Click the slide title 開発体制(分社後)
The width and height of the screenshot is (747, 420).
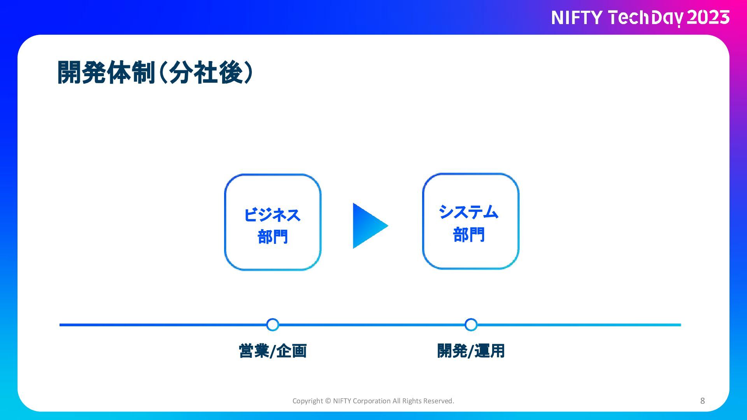[155, 72]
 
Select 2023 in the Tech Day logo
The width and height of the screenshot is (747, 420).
[708, 18]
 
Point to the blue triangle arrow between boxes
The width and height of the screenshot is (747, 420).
[368, 226]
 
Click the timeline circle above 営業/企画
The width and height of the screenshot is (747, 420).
[273, 325]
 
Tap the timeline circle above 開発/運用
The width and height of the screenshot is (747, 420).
[471, 325]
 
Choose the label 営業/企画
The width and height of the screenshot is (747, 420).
[273, 351]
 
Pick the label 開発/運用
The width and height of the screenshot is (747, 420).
[471, 351]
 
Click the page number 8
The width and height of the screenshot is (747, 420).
[702, 401]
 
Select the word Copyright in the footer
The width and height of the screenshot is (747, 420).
[307, 401]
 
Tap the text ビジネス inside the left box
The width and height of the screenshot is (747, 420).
[272, 215]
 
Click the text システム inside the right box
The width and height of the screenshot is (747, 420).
[468, 212]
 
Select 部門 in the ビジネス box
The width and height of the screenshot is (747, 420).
[273, 236]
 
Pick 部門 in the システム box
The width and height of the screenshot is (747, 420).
[469, 234]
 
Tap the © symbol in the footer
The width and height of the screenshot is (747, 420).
[328, 401]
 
